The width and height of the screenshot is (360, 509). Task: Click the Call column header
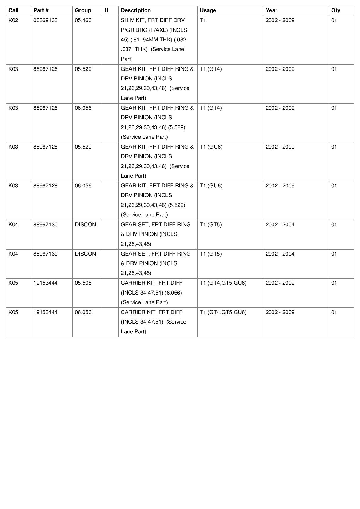[13, 10]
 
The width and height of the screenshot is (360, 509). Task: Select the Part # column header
[41, 10]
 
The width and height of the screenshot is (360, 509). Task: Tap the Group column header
[83, 10]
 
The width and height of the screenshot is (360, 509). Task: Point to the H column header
[107, 10]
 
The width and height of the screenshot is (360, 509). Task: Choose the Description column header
[136, 10]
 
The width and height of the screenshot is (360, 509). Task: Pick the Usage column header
[208, 10]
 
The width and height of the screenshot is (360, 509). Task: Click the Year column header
[271, 10]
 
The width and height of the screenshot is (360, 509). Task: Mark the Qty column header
[336, 10]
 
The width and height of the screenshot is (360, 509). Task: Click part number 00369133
[46, 20]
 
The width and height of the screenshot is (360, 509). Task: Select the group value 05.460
[83, 20]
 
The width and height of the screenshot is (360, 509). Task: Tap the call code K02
[13, 20]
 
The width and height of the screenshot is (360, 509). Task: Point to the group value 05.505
[83, 283]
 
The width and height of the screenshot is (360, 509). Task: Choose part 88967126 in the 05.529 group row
[46, 69]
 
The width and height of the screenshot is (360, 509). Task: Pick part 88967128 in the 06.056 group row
[46, 186]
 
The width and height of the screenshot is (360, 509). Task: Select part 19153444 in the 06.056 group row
[46, 312]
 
